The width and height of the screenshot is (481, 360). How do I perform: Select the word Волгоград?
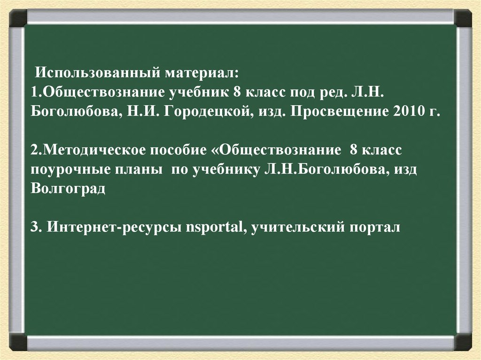pyautogui.click(x=68, y=189)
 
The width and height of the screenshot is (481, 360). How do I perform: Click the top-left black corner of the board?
pyautogui.click(x=18, y=19)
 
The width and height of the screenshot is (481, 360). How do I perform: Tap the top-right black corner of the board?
pyautogui.click(x=463, y=19)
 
